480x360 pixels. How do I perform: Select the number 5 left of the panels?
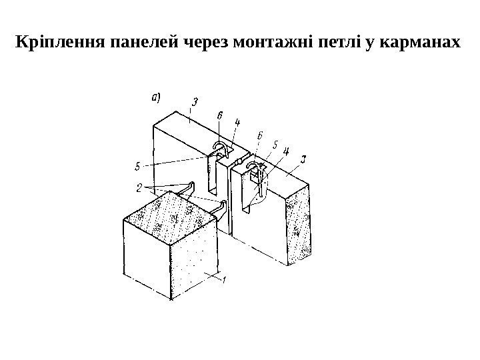137,165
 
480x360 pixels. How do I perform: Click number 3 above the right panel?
304,159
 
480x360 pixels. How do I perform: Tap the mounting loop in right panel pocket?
253,166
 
